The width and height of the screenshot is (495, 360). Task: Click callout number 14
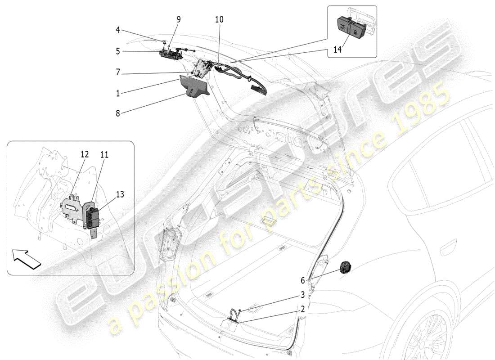coord(337,49)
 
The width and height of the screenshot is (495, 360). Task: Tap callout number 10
coord(219,20)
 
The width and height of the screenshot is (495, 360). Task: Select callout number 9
coord(179,19)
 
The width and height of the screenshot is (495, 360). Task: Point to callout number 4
coord(117,31)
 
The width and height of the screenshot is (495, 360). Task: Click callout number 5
coord(117,51)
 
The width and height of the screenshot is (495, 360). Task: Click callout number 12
coord(84,154)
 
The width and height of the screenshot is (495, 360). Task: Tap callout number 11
coord(104,154)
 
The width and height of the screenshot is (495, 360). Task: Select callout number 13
coord(120,194)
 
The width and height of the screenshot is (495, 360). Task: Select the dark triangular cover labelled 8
coord(195,87)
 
